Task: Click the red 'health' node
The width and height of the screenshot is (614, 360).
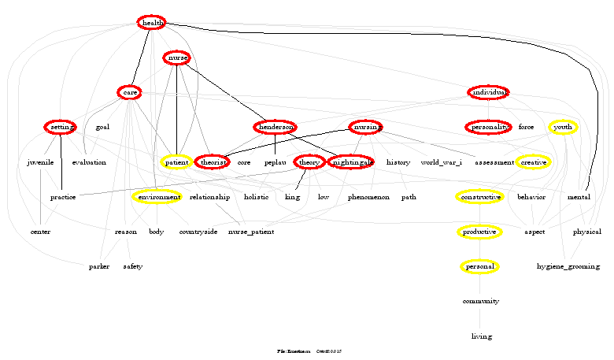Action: [x=151, y=23]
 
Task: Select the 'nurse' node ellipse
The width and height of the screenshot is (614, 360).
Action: [x=176, y=58]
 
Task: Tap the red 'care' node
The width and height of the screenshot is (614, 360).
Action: [x=129, y=93]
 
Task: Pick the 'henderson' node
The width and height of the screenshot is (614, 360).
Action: [x=275, y=127]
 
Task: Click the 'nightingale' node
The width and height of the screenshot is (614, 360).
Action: [x=351, y=162]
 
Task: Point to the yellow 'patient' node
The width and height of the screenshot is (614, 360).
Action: [x=176, y=162]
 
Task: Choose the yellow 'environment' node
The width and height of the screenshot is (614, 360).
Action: [x=157, y=197]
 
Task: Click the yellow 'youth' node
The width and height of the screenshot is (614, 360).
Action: [x=563, y=127]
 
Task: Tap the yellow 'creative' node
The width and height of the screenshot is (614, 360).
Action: [x=534, y=162]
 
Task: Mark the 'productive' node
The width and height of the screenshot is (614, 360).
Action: [x=479, y=232]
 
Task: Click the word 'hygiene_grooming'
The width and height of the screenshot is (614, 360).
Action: [x=568, y=267]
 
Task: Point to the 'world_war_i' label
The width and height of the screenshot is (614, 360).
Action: [x=442, y=162]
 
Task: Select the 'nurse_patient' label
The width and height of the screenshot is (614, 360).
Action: [x=251, y=232]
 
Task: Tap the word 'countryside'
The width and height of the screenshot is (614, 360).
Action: [x=198, y=232]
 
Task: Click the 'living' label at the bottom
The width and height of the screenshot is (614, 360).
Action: [x=481, y=336]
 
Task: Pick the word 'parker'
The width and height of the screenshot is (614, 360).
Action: [x=99, y=267]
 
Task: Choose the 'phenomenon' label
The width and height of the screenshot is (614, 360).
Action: [x=368, y=197]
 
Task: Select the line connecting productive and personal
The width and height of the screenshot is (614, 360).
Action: [x=479, y=249]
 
